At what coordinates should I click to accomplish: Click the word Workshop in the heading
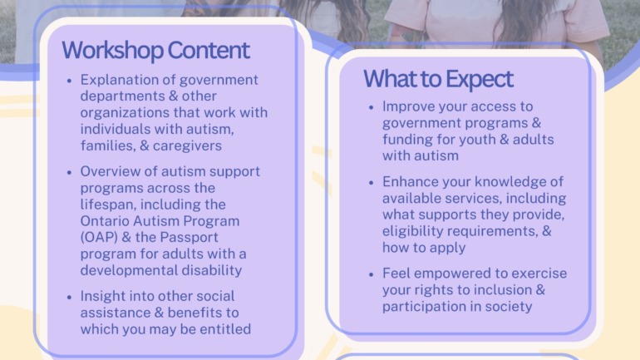click(x=112, y=51)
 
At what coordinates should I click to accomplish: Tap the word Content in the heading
click(x=208, y=50)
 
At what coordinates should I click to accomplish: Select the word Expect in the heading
click(x=480, y=79)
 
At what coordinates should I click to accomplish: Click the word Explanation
click(x=125, y=80)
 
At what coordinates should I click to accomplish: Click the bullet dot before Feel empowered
click(x=371, y=274)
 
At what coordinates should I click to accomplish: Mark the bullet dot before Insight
click(x=69, y=297)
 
